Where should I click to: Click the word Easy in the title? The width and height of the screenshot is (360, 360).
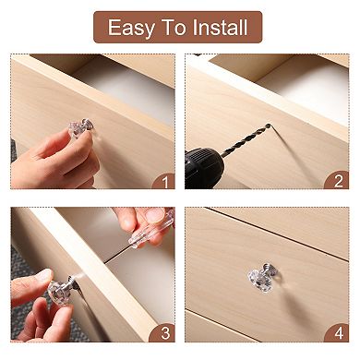coord(131,27)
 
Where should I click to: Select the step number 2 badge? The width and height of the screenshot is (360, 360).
coord(338,182)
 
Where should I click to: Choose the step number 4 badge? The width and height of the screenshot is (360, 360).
coord(338,333)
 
